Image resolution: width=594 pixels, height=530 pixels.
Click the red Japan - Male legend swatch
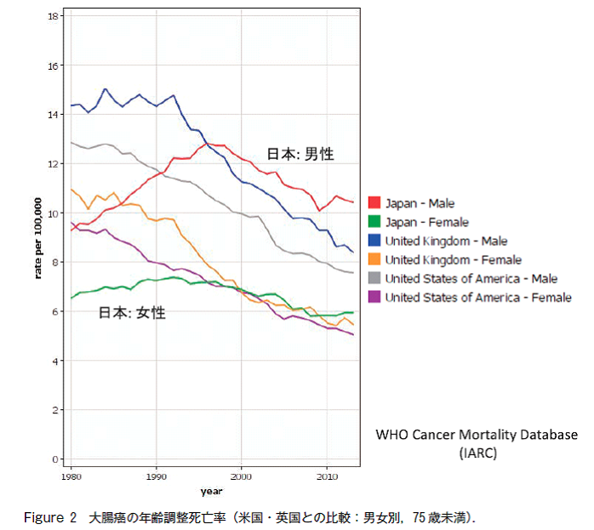click(374, 203)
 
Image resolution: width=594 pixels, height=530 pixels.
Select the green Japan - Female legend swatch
click(374, 222)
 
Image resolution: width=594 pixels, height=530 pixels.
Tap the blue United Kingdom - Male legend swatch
click(374, 241)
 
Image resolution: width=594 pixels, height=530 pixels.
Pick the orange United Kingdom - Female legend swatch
click(374, 259)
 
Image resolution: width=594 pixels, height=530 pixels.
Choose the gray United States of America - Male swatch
click(374, 278)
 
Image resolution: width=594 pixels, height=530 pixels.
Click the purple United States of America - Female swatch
click(374, 297)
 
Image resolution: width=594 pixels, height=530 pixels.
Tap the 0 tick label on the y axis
click(55, 459)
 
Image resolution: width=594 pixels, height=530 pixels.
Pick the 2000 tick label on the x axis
click(242, 476)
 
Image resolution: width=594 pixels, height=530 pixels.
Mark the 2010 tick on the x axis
click(327, 476)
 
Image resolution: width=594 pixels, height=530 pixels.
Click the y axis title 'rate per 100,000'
click(38, 238)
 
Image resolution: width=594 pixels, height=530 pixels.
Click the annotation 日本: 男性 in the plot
click(300, 155)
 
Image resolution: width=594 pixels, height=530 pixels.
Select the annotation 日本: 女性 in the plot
click(132, 313)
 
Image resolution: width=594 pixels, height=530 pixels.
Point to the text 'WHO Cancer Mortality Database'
click(477, 435)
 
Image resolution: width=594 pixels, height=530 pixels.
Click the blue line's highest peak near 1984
click(106, 88)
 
